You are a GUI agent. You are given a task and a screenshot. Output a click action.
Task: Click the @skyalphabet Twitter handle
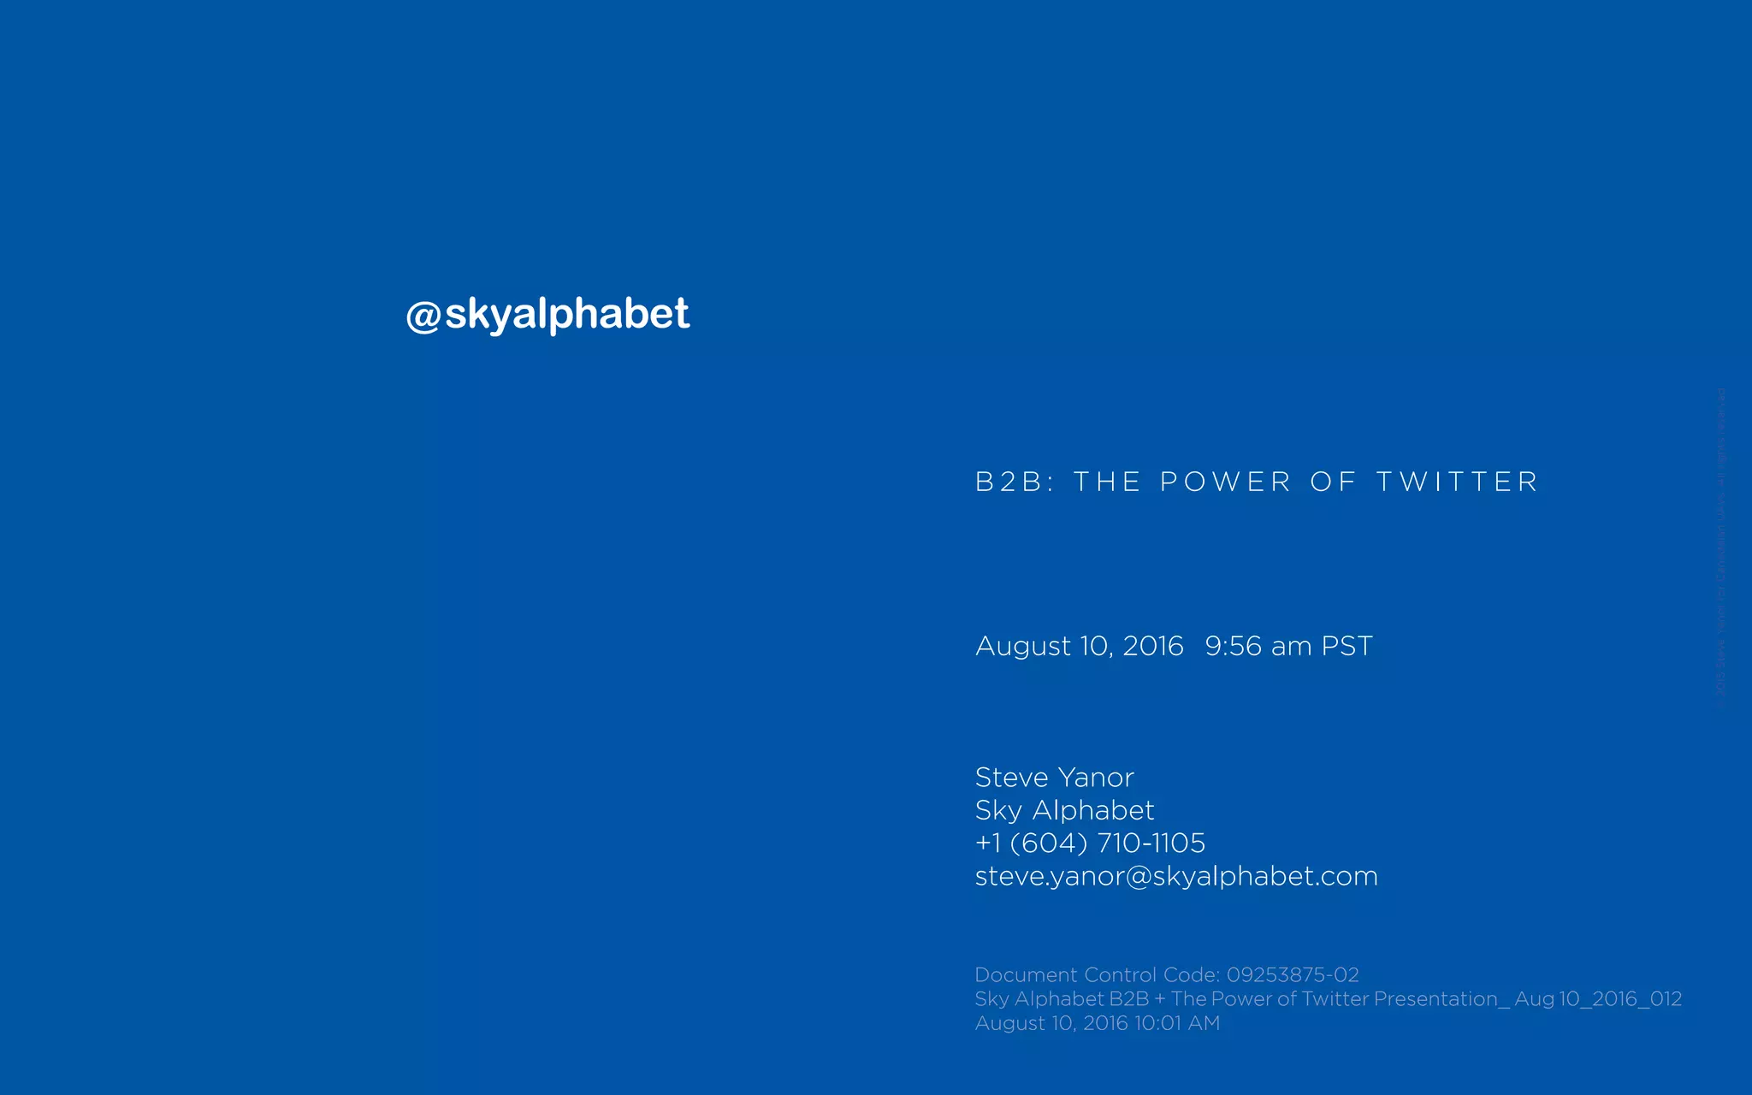point(547,314)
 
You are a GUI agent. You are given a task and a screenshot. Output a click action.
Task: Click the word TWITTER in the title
point(1457,482)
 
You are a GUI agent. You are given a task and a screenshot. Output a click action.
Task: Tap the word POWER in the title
point(1225,482)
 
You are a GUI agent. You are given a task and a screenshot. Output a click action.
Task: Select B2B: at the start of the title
point(1015,482)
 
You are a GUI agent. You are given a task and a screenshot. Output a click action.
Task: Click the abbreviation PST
point(1347,646)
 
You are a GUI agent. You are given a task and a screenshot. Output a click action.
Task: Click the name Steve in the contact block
point(1011,778)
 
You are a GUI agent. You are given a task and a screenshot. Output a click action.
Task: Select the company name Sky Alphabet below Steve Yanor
point(1064,810)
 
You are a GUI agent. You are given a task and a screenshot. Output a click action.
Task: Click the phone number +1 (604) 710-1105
point(1090,843)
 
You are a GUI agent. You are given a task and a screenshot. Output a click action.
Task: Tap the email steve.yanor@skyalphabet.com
point(1176,876)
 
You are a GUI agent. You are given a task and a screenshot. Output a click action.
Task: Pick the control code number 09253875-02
point(1293,975)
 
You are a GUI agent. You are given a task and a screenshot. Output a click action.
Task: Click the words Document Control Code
point(1097,975)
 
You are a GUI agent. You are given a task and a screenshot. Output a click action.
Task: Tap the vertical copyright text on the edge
point(1721,547)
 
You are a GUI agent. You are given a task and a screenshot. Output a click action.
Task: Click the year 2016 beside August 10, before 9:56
point(1152,646)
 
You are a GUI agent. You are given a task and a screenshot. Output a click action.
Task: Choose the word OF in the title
point(1333,482)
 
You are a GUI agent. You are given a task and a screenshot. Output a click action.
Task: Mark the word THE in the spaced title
point(1107,482)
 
